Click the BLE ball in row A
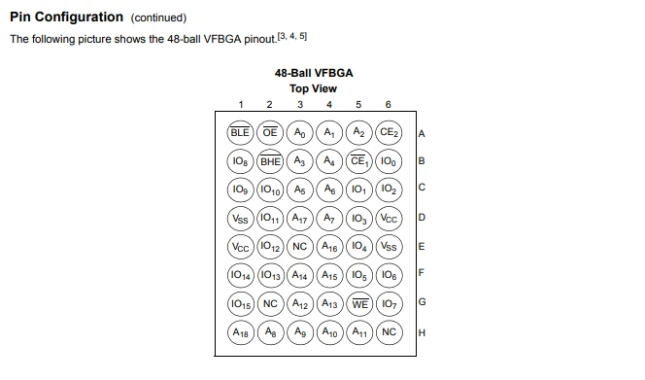pos(240,132)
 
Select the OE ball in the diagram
pos(270,132)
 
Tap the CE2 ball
pos(389,132)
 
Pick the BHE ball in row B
pos(270,161)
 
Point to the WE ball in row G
pos(359,304)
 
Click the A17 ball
pos(300,219)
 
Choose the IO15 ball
pos(240,304)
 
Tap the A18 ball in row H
pos(240,332)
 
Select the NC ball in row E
pos(300,247)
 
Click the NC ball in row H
pos(389,332)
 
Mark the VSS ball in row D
pos(240,219)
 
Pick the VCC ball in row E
pos(240,247)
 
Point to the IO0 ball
pos(389,161)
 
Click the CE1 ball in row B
pos(359,161)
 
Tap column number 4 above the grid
pos(329,105)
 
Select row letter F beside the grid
pos(422,272)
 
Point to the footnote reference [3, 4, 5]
pos(292,36)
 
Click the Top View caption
pos(313,88)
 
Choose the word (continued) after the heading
pos(158,17)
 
